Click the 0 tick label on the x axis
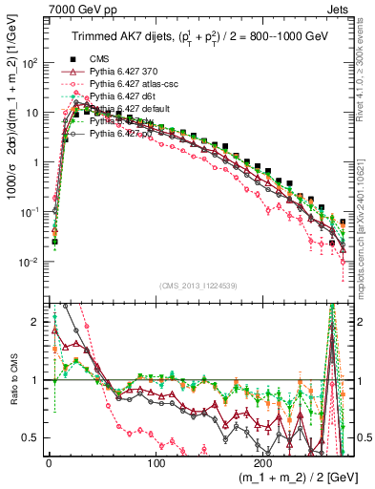(48, 460)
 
